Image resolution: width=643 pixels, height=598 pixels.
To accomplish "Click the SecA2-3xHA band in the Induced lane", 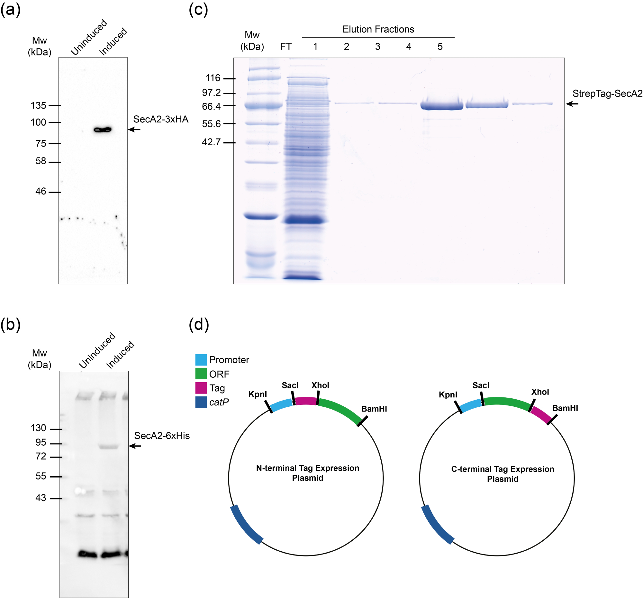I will pos(103,130).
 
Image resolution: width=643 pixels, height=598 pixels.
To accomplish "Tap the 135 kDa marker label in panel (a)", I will pos(38,106).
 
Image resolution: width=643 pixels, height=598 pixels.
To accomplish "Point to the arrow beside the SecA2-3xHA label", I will pos(134,129).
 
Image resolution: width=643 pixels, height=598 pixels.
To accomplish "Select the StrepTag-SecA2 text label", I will pos(607,94).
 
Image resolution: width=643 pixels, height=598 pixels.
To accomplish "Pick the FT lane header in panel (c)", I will pos(285,47).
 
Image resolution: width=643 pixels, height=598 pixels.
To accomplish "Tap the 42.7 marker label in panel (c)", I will pos(211,142).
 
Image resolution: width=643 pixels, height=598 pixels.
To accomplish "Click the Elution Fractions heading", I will pos(378,29).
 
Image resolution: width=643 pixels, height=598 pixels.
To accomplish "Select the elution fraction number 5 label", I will pos(440,47).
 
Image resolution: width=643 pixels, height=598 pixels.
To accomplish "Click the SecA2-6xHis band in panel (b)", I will pos(109,447).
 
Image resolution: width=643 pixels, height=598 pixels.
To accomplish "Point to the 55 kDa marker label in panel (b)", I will pos(41,476).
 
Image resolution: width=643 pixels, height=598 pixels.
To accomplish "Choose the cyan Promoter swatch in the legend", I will pos(201,360).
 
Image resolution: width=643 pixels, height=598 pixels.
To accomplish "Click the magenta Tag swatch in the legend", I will pos(201,388).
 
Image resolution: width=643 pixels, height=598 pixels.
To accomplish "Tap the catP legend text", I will pos(219,402).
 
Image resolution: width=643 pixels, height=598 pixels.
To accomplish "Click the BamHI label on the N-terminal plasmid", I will pos(374,409).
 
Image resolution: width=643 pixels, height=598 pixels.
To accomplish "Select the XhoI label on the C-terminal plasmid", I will pos(540,392).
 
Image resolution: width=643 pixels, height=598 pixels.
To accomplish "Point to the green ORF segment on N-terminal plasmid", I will pos(341,409).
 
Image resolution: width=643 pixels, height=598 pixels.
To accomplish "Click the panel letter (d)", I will pos(199,325).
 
